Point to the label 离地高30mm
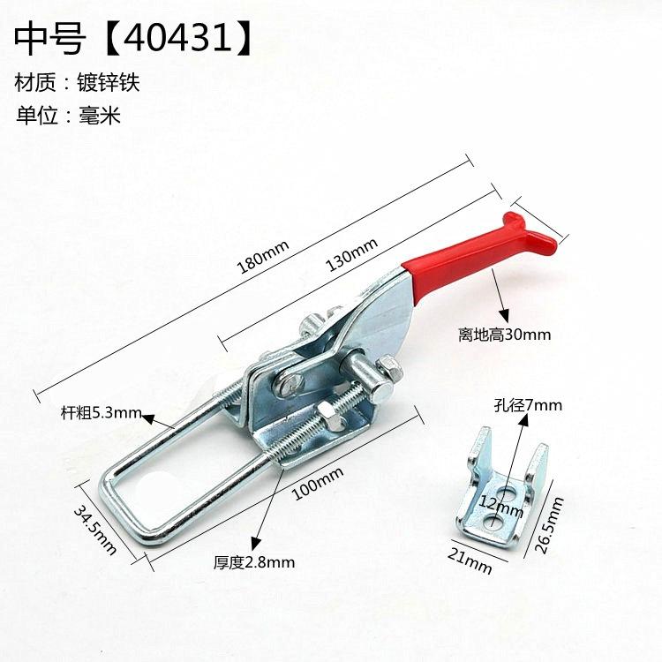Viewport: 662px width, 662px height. pyautogui.click(x=505, y=335)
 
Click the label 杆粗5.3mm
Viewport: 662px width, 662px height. pyautogui.click(x=100, y=412)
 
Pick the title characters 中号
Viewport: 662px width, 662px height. pyautogui.click(x=50, y=39)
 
